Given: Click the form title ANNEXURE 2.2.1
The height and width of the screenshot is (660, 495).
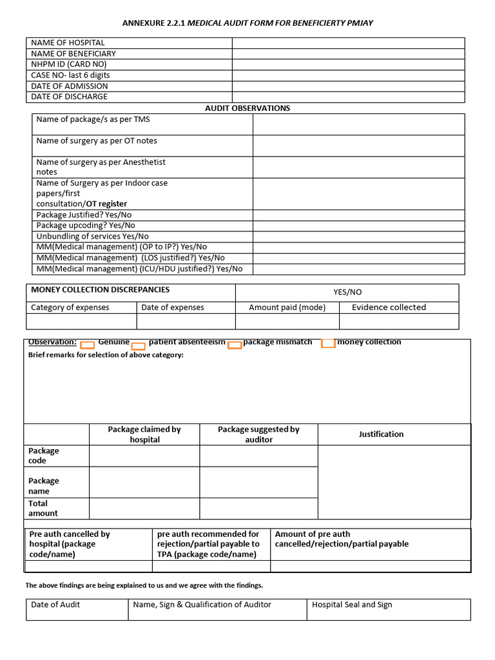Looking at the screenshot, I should pos(153,23).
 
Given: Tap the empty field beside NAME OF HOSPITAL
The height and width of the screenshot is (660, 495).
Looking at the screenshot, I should pos(348,43).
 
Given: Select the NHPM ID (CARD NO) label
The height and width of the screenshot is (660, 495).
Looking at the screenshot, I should pos(69,64).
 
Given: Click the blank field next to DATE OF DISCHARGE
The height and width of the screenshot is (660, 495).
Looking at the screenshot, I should pos(348,97).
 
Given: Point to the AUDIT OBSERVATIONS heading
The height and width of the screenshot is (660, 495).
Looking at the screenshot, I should pos(247,108).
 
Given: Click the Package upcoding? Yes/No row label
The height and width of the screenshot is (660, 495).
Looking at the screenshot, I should pos(86,226).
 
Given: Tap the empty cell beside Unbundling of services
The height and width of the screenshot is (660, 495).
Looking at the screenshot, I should pos(358,237).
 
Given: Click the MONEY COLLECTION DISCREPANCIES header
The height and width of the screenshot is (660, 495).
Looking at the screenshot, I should pos(101,290).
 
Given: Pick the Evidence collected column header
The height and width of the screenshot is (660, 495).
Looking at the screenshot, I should pos(389,307).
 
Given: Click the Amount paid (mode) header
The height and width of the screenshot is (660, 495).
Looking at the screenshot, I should pos(287,307).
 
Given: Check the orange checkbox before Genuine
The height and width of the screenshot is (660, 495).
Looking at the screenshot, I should pos(88,345).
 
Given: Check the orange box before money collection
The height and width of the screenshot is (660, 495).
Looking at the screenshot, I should pos(328,343).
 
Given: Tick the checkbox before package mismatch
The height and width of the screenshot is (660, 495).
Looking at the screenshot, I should pos(235,345).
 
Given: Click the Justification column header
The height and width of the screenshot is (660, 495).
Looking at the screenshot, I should pos(381,434).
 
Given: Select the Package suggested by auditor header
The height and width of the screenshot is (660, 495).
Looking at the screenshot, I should pos(258,434).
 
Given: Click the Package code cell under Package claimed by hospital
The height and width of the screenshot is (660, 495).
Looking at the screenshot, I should pos(144,456).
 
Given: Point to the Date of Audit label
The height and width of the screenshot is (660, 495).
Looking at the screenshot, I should pos(55,605).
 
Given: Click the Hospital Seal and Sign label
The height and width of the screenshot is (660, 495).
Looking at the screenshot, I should pos(352,605).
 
